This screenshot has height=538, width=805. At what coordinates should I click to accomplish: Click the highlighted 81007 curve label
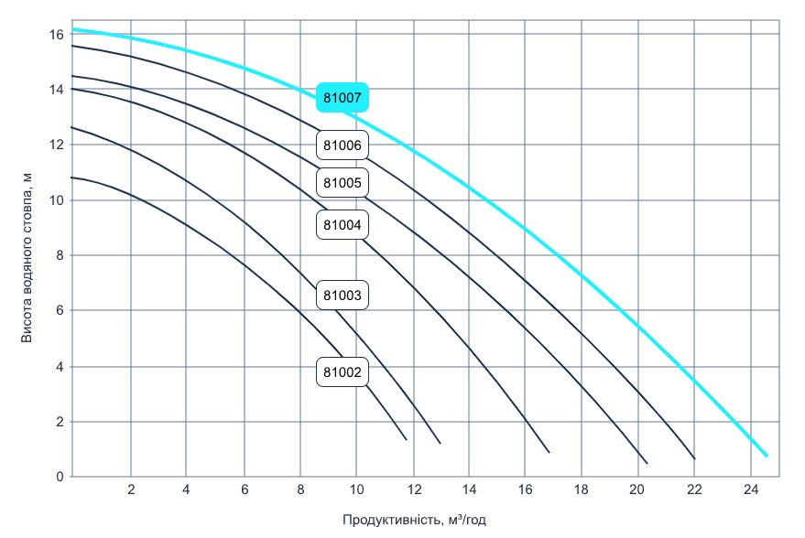click(x=343, y=97)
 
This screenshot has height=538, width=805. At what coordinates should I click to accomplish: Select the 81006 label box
click(x=343, y=145)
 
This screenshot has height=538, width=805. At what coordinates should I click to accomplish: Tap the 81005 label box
click(x=343, y=183)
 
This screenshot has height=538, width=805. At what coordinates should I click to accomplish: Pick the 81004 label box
click(x=343, y=224)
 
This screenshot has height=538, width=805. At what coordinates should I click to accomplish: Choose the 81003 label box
click(x=343, y=296)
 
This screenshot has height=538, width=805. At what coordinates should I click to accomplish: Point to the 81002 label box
click(x=343, y=372)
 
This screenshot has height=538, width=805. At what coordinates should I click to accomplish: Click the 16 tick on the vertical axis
click(x=56, y=35)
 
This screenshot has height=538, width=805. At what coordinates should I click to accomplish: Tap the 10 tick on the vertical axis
click(x=56, y=200)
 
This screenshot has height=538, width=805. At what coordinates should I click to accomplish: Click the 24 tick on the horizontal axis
click(x=751, y=490)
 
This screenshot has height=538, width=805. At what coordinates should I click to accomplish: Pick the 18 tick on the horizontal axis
click(x=582, y=490)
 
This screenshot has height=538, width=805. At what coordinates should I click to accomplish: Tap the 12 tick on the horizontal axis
click(x=413, y=490)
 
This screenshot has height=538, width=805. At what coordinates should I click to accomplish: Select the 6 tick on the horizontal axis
click(x=244, y=490)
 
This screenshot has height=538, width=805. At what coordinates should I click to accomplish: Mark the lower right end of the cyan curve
click(x=767, y=456)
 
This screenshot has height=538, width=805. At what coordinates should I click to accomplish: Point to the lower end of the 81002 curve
click(x=406, y=440)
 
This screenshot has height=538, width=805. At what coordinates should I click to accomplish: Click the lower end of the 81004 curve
click(x=549, y=452)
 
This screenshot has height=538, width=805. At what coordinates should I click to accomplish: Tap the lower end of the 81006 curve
click(x=695, y=457)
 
